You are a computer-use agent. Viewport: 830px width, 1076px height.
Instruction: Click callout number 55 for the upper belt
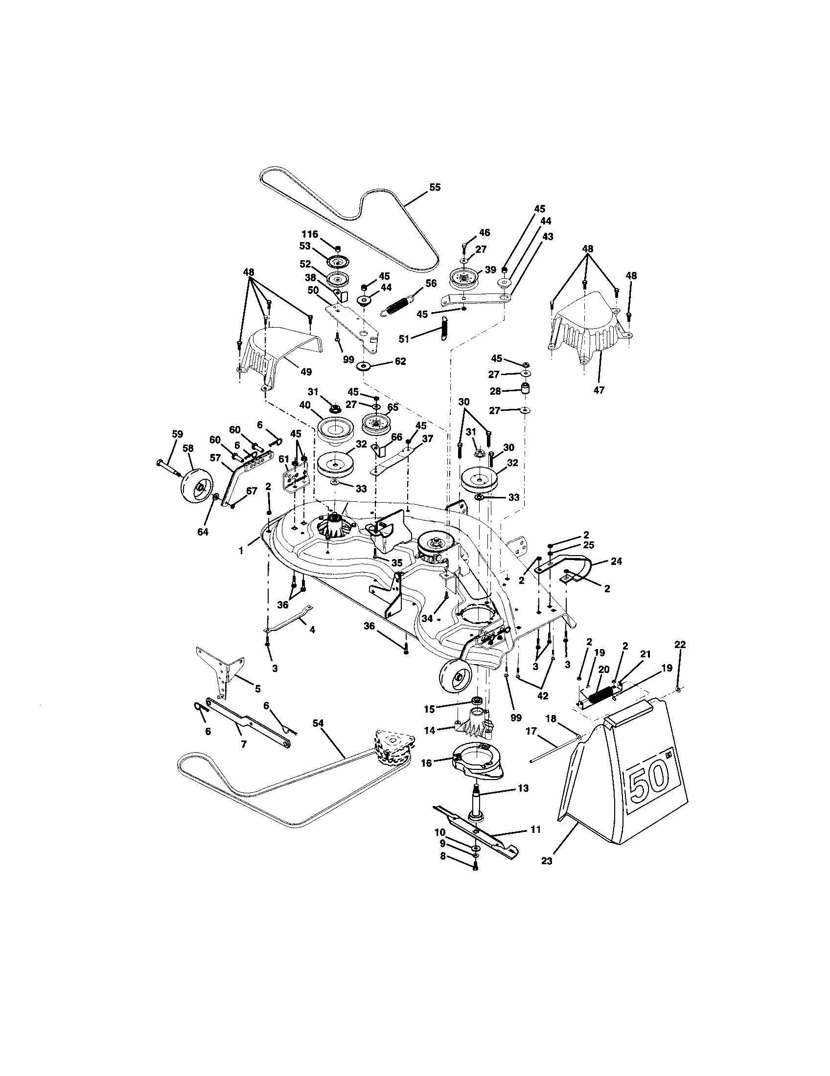[435, 187]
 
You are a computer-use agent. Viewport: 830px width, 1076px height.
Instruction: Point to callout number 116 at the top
[310, 234]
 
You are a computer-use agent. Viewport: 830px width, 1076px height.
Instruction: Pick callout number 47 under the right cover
[599, 390]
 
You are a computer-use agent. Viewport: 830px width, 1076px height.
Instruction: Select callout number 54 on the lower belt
[319, 723]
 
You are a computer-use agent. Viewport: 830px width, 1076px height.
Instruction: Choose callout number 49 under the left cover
[306, 372]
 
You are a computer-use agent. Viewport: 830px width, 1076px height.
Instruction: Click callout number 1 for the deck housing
[241, 551]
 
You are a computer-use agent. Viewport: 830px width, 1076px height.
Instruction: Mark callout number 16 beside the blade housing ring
[426, 762]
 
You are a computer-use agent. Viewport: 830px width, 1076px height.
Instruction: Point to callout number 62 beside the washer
[400, 361]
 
